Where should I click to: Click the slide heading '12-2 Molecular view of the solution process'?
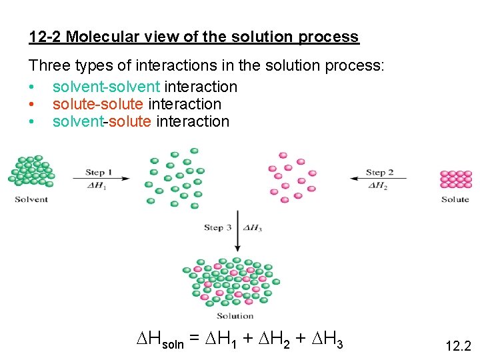pos(194,37)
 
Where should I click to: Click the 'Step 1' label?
pos(99,173)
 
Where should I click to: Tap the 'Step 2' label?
pos(379,173)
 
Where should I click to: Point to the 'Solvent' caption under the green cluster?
pos(31,199)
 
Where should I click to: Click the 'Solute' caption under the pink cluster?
pos(455,199)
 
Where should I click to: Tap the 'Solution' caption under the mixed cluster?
pos(235,315)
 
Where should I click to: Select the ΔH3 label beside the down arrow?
pos(253,228)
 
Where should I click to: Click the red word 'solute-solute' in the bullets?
pos(99,104)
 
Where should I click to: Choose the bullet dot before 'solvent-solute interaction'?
pos(32,121)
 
